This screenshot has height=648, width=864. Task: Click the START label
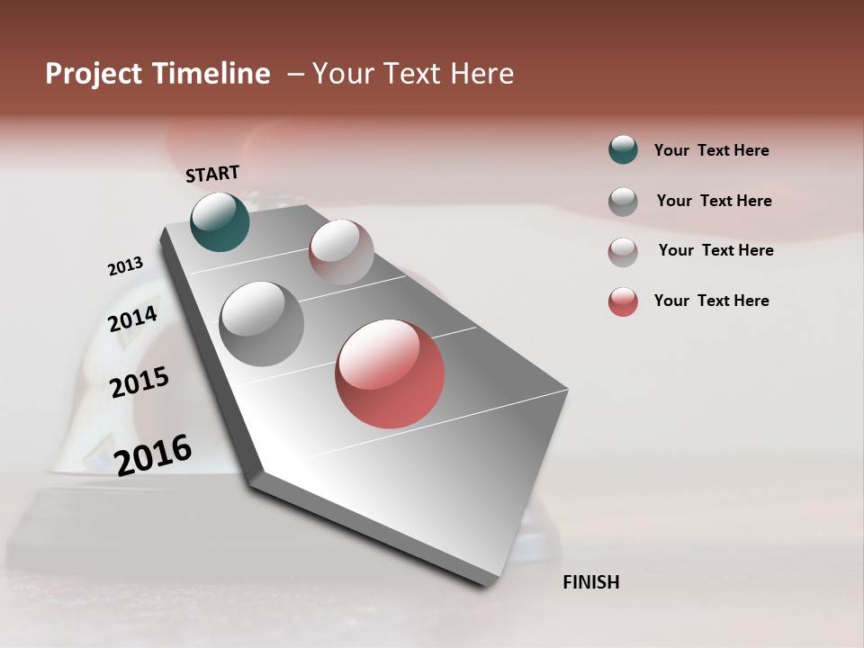point(212,174)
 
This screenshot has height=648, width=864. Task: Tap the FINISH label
point(590,582)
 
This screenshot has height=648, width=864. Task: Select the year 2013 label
point(125,266)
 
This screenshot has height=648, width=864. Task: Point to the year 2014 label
point(132,319)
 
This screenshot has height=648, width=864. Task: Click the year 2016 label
point(153,454)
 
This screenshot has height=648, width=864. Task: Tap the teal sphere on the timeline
point(220,221)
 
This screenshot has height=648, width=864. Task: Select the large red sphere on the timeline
point(390,373)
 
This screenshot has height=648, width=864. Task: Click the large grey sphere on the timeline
point(262,323)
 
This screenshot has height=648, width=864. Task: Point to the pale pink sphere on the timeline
point(341,251)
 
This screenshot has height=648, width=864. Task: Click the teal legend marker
point(623,149)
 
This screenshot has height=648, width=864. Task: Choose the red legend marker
point(623,301)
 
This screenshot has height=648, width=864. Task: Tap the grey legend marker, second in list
point(623,202)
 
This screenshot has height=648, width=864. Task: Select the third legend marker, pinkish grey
point(623,252)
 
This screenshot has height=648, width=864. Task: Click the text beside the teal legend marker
point(711,150)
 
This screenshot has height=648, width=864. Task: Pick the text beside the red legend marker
point(711,301)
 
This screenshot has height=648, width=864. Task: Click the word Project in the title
point(94,74)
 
